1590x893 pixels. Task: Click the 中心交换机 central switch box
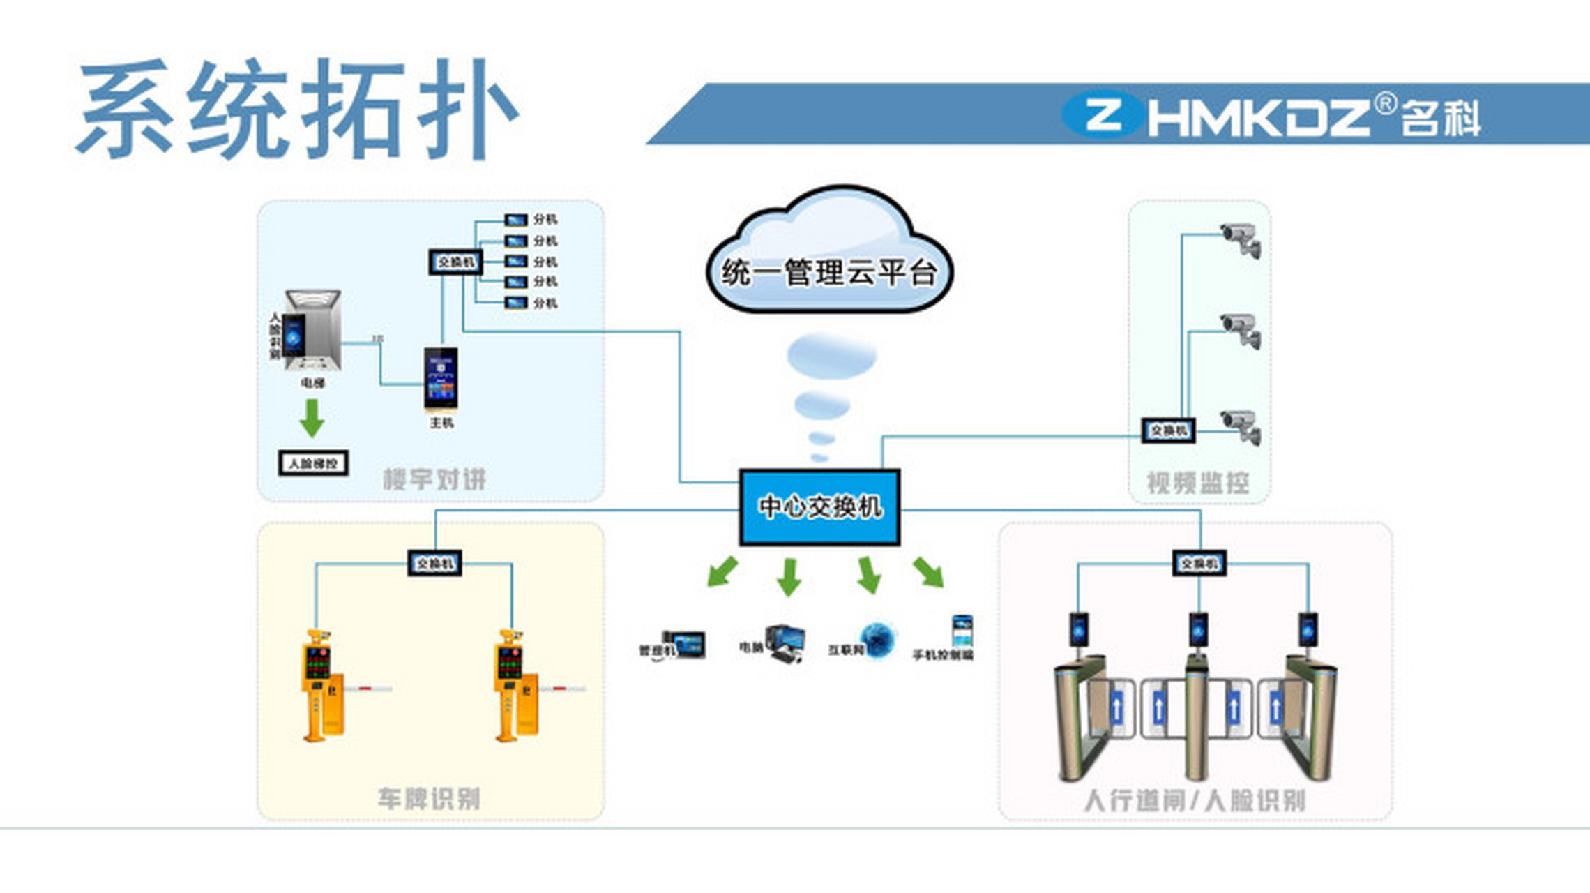(x=819, y=507)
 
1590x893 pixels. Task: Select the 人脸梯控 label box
(x=313, y=463)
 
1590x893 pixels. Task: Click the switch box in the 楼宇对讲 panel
(x=455, y=262)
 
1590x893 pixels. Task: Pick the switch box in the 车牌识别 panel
(x=434, y=563)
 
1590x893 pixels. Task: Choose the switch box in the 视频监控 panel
(x=1168, y=430)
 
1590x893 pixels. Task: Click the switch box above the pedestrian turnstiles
(x=1199, y=563)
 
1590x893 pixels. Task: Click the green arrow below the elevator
(x=312, y=417)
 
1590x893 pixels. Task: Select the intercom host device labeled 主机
(x=441, y=377)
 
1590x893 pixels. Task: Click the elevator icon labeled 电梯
(x=312, y=331)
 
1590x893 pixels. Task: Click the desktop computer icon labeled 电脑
(x=785, y=643)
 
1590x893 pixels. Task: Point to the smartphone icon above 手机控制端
(x=962, y=631)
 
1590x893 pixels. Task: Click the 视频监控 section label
(x=1198, y=483)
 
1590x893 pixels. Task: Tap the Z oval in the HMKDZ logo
(x=1102, y=115)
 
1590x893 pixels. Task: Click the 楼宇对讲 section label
(x=434, y=479)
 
